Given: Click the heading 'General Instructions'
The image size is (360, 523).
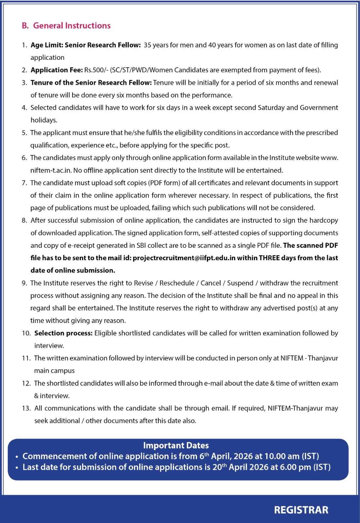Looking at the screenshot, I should tap(72, 25).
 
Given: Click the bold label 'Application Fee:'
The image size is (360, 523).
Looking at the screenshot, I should tap(57, 70).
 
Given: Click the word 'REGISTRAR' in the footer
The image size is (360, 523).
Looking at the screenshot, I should tap(301, 510).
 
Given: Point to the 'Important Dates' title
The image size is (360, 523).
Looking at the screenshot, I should tap(176, 445).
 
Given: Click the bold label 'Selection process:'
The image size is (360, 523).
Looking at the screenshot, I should tap(63, 333).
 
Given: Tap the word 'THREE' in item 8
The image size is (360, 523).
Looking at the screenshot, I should tap(269, 258).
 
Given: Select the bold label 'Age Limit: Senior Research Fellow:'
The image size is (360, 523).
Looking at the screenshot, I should tap(86, 45).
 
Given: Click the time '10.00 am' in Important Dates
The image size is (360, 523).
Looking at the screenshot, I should tap(280, 456).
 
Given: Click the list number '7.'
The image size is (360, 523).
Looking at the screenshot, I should tap(25, 183).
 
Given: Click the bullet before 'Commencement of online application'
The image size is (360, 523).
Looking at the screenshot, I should tap(17, 457).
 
